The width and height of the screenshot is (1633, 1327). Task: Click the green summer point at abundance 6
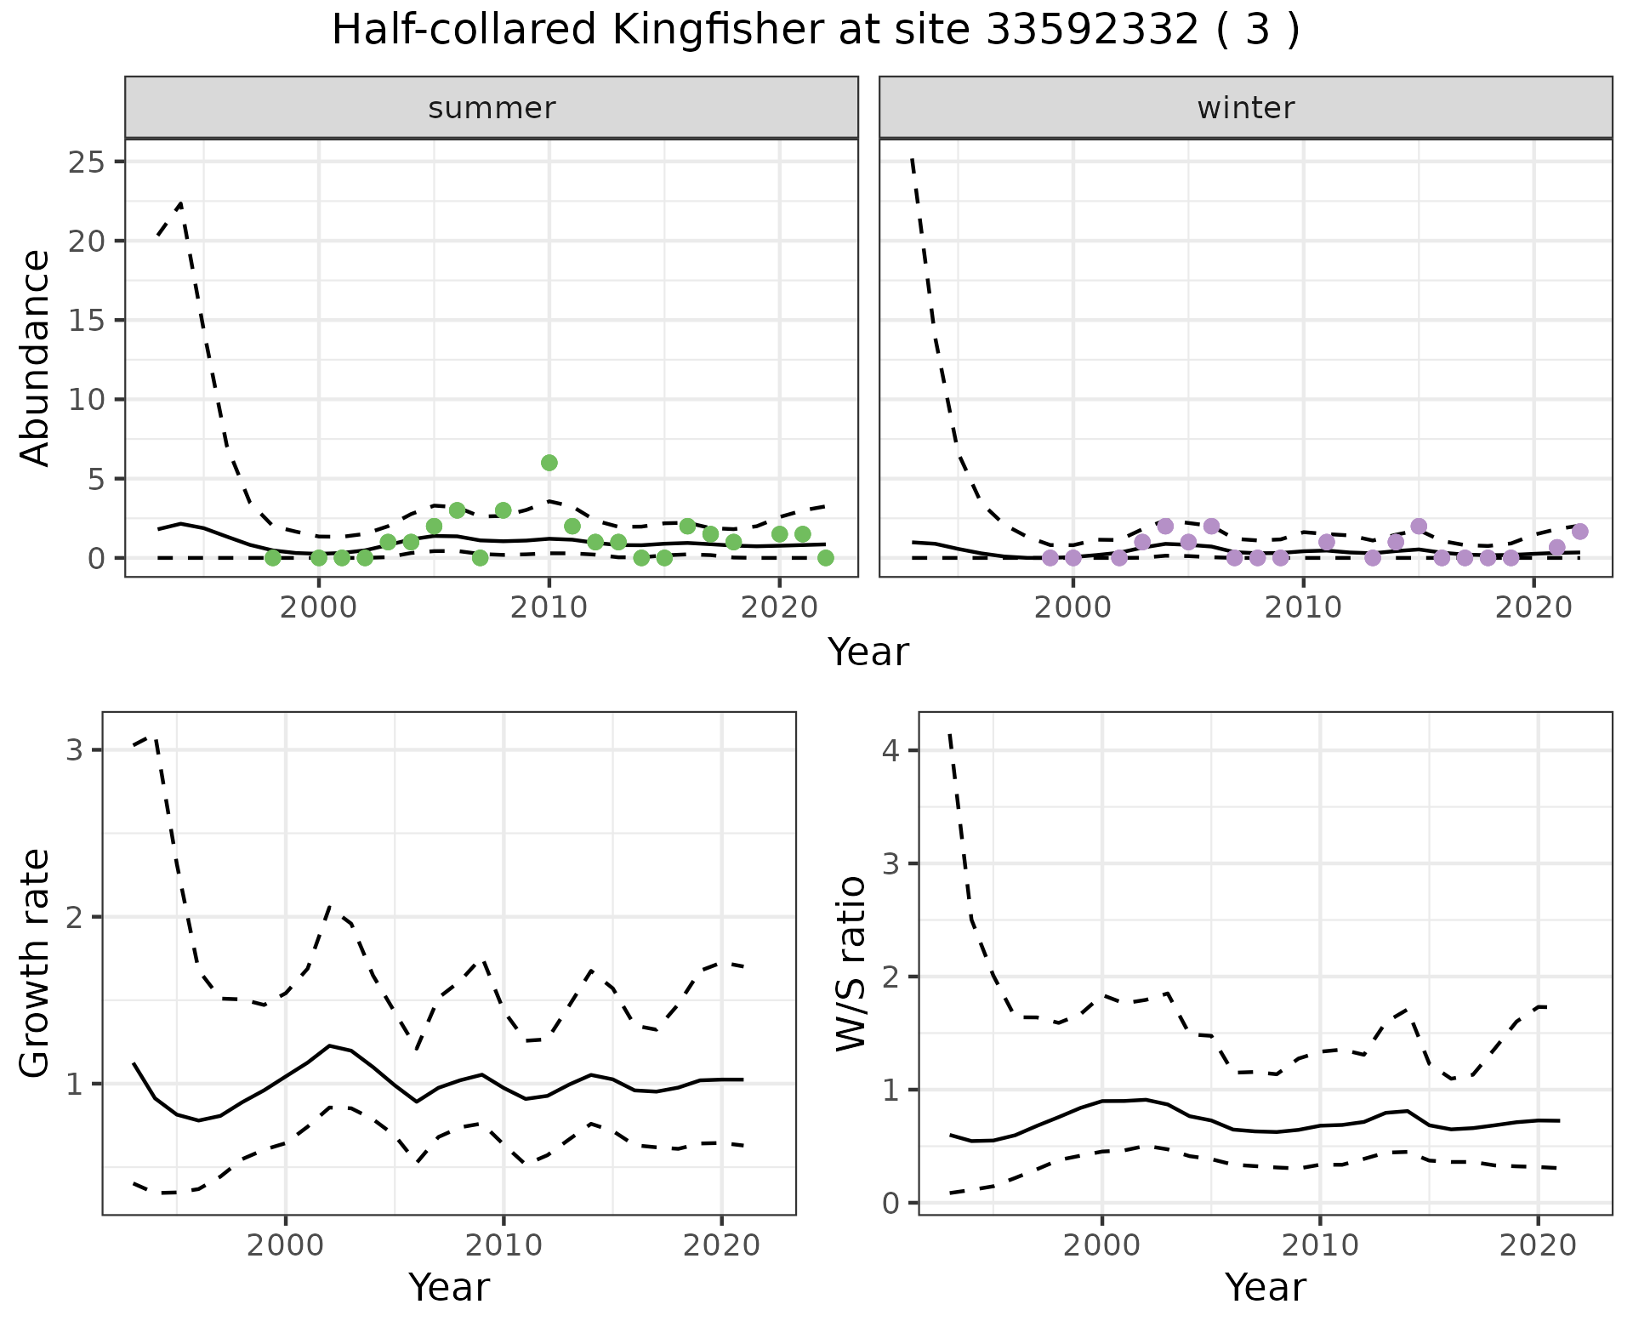pos(549,463)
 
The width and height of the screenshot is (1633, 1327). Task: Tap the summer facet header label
pos(492,108)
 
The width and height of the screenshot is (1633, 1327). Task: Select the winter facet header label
pos(1245,108)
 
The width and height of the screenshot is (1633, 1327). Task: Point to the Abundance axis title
pos(36,357)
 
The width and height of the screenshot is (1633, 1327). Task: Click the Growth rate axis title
pos(36,963)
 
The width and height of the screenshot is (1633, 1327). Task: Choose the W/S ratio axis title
pos(851,963)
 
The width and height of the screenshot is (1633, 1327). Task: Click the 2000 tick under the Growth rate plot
pos(286,1245)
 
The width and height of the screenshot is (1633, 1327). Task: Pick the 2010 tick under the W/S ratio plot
pos(1320,1245)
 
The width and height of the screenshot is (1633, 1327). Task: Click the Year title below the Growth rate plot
pos(449,1287)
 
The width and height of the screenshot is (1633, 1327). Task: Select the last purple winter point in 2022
pos(1579,532)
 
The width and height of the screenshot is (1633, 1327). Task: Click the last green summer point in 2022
pos(825,558)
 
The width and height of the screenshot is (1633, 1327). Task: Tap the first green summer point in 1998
pos(273,558)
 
